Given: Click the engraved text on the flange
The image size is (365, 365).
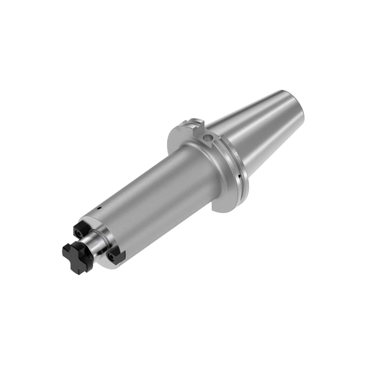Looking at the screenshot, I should pos(232,149).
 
